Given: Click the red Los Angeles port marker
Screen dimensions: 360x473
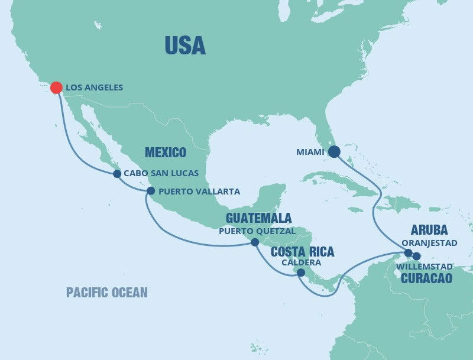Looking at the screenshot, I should (x=56, y=87).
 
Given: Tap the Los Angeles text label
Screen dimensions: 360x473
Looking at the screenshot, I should (x=95, y=87).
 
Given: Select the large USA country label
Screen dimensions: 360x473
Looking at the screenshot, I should (x=185, y=46).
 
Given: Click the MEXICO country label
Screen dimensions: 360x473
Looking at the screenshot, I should (x=166, y=153).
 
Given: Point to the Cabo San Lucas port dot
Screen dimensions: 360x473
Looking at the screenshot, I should (x=117, y=174).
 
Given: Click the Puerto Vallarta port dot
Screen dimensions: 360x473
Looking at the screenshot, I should (x=150, y=191).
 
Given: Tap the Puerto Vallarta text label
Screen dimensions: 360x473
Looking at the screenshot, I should (x=191, y=192).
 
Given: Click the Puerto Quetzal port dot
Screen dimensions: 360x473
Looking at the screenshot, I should (x=255, y=242).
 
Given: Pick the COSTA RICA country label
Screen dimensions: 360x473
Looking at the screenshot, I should (x=302, y=252).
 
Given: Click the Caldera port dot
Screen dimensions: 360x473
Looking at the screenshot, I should (x=301, y=273).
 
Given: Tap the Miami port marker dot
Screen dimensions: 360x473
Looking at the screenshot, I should (x=334, y=152).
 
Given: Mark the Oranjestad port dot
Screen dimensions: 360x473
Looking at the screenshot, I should (x=408, y=253).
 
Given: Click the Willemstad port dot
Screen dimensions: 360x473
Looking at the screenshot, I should (x=417, y=256).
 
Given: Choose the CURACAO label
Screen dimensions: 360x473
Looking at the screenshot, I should (x=426, y=278).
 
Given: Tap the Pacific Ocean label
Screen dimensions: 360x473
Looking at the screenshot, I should (x=107, y=292).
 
